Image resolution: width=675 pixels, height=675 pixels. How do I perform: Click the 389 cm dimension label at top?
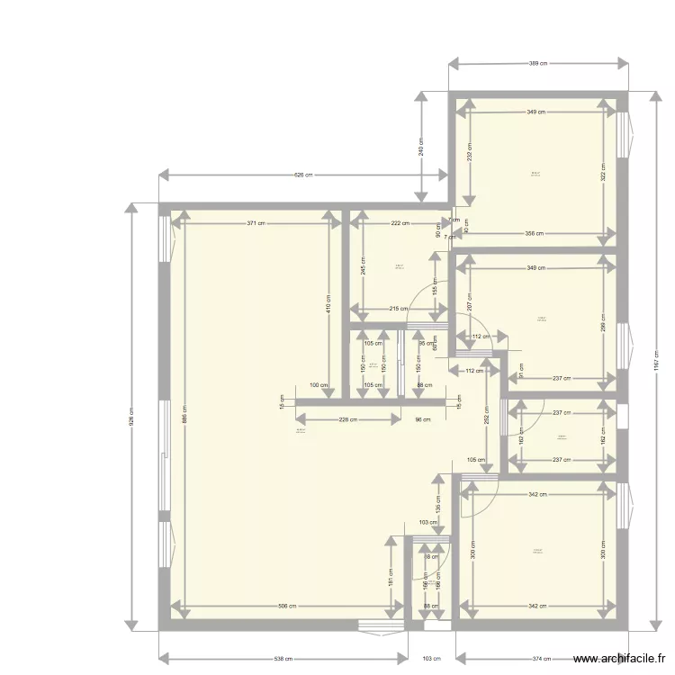538,64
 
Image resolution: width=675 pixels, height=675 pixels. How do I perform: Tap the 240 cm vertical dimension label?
420,147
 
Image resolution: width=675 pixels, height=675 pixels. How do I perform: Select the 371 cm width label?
256,223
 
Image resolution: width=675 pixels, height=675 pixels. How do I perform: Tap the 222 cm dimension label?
399,223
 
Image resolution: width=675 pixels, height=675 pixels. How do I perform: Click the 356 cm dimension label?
535,234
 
